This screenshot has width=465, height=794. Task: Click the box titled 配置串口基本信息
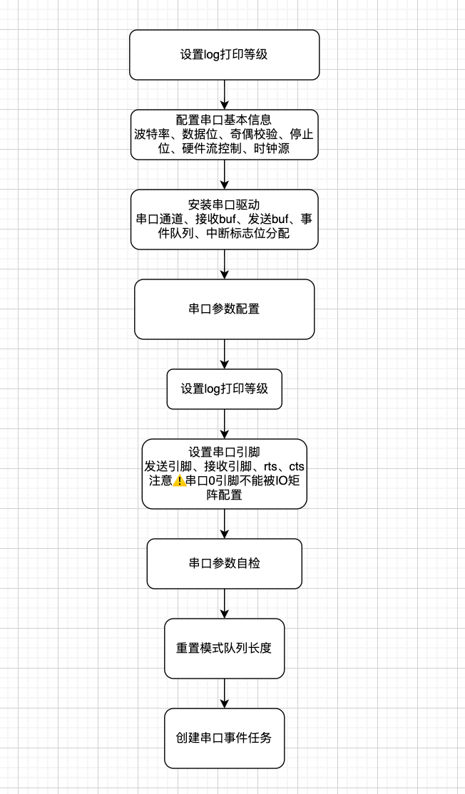click(224, 120)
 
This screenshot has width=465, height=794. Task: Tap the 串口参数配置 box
click(224, 309)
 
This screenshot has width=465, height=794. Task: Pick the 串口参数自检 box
click(224, 563)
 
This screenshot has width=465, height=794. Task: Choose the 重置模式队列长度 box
click(224, 649)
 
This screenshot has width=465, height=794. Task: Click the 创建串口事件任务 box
click(224, 738)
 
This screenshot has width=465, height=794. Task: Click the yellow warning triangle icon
click(180, 480)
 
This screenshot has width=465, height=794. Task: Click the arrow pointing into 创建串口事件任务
click(224, 693)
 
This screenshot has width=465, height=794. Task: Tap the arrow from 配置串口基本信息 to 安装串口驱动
click(224, 174)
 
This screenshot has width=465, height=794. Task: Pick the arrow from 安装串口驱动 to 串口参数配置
click(224, 264)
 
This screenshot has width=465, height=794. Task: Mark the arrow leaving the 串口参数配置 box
click(224, 354)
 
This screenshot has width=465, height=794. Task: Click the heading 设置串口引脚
click(224, 452)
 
